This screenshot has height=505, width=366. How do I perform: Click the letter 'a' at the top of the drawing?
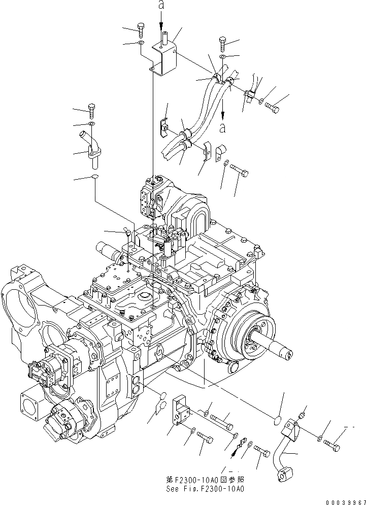161,6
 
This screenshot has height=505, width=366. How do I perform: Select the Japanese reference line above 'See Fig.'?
206,479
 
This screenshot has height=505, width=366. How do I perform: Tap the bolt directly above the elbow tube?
91,109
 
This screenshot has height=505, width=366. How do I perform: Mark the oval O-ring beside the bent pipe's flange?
277,420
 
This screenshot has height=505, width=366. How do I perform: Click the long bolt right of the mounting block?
221,420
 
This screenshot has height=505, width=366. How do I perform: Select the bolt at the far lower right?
331,446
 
